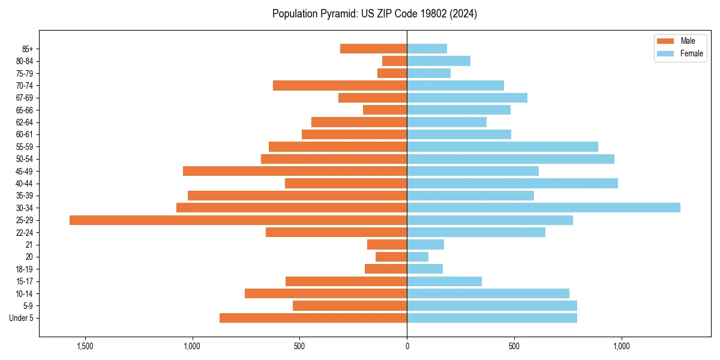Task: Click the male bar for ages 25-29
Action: (x=238, y=220)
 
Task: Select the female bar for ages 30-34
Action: (x=544, y=208)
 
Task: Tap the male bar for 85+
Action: (x=373, y=49)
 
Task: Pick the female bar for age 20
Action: (x=418, y=257)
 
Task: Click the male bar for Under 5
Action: (x=313, y=318)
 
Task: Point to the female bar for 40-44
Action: (x=512, y=183)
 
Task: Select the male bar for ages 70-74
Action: (x=340, y=85)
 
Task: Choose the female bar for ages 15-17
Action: (x=444, y=281)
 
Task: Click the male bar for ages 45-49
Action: (x=295, y=171)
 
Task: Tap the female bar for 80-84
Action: (x=439, y=61)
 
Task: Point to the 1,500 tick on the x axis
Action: (x=85, y=346)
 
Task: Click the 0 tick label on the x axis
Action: (x=407, y=346)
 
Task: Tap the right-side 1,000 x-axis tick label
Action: (x=621, y=346)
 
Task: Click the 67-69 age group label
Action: (x=25, y=98)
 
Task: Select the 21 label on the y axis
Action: (x=29, y=245)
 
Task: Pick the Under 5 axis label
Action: (x=22, y=318)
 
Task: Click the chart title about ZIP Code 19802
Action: (x=374, y=14)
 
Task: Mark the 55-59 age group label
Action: (x=25, y=146)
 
